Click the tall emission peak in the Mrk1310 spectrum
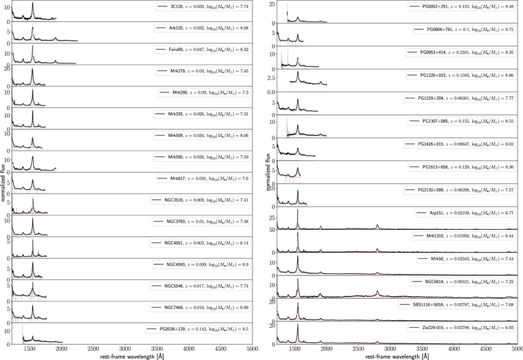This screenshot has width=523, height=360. coord(297,234)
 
